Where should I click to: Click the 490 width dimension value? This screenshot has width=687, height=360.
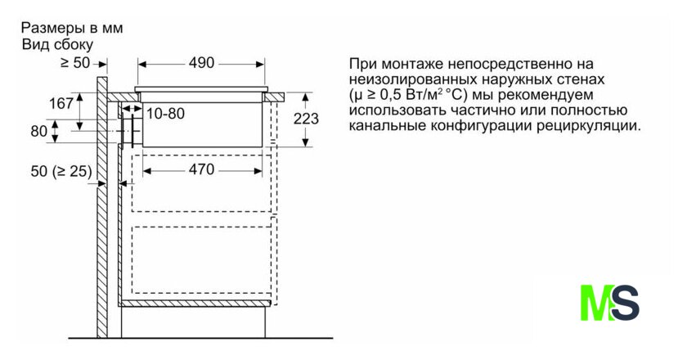tap(200, 63)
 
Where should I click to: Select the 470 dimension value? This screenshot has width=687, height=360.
tap(200, 170)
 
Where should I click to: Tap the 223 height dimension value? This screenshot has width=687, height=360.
tap(306, 119)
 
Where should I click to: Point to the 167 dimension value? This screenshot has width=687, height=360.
tap(61, 104)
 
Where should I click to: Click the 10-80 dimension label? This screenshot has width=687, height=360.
tap(166, 113)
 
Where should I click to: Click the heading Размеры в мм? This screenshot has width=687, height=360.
tap(71, 28)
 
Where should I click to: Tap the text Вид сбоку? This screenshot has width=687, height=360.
tap(58, 44)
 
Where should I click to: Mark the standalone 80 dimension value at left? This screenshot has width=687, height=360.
tap(38, 131)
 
